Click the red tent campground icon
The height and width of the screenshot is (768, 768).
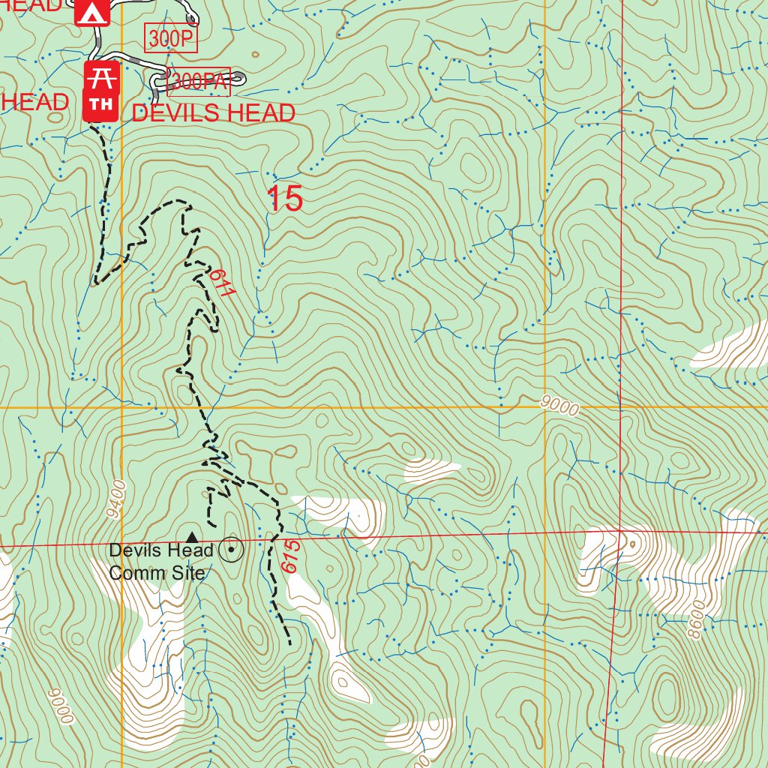click(91, 13)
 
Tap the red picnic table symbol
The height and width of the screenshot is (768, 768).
click(100, 76)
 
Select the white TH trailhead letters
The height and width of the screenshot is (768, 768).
click(100, 103)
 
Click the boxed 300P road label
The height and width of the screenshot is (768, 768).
click(171, 38)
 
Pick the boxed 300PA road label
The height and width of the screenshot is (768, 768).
click(199, 82)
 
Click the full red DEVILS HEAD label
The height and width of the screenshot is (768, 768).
click(213, 113)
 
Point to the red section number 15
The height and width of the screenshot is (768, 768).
click(285, 199)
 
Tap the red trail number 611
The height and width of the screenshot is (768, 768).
click(221, 283)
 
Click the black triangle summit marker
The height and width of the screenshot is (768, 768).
click(192, 536)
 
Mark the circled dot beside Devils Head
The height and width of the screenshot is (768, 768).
click(232, 551)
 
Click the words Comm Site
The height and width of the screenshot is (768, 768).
click(157, 574)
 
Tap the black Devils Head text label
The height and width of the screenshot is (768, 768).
click(161, 550)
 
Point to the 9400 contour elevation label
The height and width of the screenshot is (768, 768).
click(115, 500)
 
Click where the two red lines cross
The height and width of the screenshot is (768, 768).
click(621, 532)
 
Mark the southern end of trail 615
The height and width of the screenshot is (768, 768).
click(289, 643)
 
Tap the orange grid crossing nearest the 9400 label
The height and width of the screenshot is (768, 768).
click(122, 408)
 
